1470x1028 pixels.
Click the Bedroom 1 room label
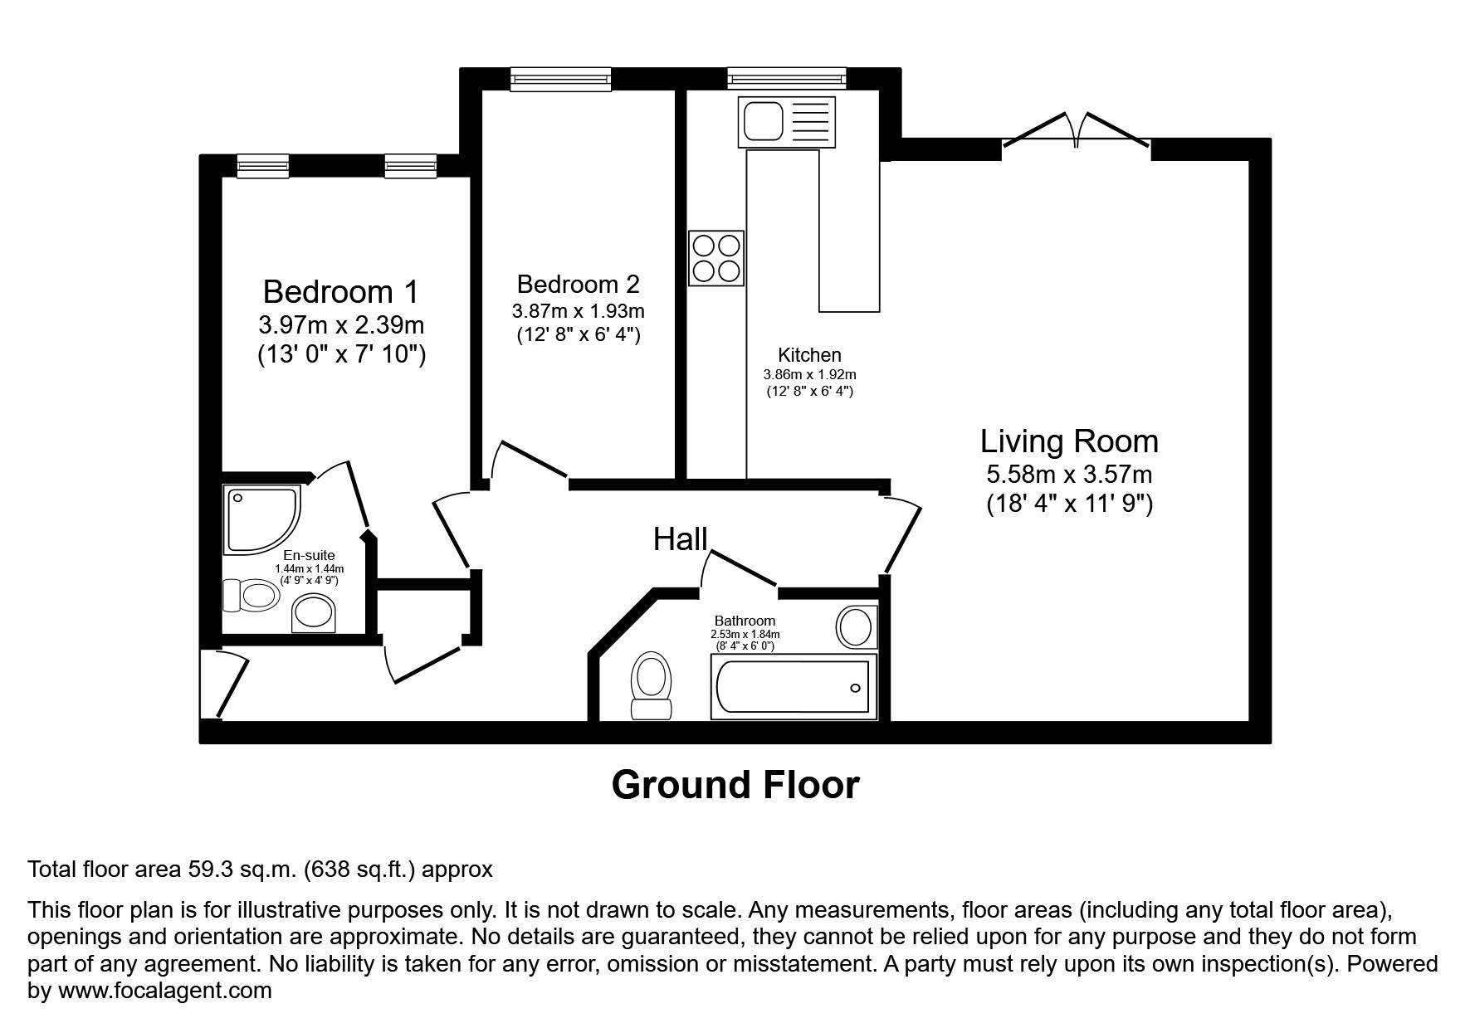tap(340, 292)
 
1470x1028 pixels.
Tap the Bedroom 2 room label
tap(578, 285)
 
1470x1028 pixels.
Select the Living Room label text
tap(1069, 441)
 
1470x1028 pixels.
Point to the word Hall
tap(680, 539)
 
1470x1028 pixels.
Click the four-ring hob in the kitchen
tap(715, 258)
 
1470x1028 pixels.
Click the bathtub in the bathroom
tap(794, 687)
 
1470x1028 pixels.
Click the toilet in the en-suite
tap(250, 595)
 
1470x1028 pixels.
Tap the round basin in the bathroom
tap(856, 626)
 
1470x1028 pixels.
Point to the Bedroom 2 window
tap(560, 78)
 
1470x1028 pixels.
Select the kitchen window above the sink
tap(787, 78)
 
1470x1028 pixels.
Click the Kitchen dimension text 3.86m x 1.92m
tap(809, 375)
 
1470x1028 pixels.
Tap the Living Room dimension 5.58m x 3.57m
tap(1069, 475)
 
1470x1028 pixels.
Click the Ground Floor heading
tap(735, 784)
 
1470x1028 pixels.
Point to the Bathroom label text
tap(745, 621)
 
